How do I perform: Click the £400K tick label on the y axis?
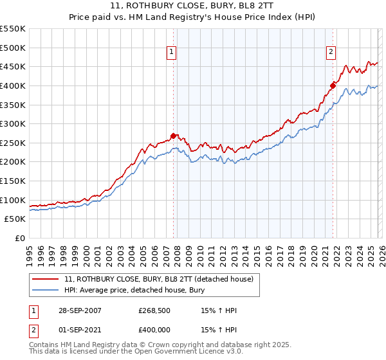[13, 85]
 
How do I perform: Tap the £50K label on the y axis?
[15, 219]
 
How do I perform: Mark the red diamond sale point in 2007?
[174, 136]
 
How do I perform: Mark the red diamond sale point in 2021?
[333, 85]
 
